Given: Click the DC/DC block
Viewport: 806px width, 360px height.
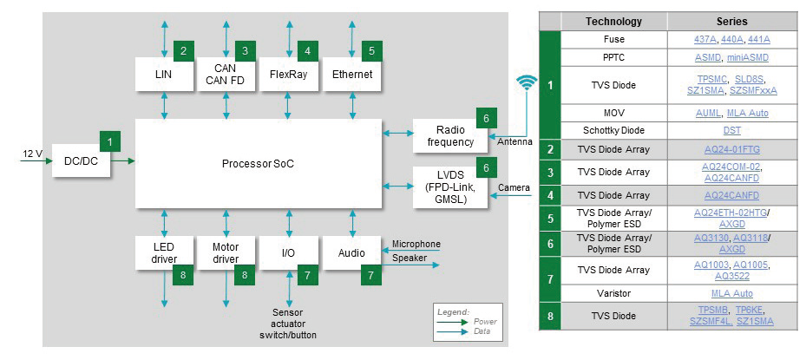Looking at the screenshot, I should pos(81,160).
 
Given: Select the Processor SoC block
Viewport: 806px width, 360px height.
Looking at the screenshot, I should pos(259,164).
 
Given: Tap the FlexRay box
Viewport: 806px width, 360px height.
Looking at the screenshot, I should pos(288,75).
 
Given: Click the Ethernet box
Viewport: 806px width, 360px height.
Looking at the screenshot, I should pos(351,75).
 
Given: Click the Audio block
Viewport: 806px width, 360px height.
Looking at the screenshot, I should pos(346,252).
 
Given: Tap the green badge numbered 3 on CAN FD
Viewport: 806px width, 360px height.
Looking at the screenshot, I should pos(246,50).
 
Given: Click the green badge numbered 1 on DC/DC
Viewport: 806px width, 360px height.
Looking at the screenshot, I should pos(109,140).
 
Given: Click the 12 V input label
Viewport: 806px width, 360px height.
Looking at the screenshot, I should pos(32,154).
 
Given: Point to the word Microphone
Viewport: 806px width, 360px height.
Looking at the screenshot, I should pos(416,244).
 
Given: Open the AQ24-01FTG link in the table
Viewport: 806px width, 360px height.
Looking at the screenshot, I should pos(731,149).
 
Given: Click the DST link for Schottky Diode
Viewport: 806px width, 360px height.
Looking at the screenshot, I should pos(731,130).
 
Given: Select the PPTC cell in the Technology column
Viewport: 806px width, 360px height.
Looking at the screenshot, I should pos(613,58).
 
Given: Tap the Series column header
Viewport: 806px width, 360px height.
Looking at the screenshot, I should pos(731,21).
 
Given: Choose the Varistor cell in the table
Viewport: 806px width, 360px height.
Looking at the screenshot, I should pos(613,293).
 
